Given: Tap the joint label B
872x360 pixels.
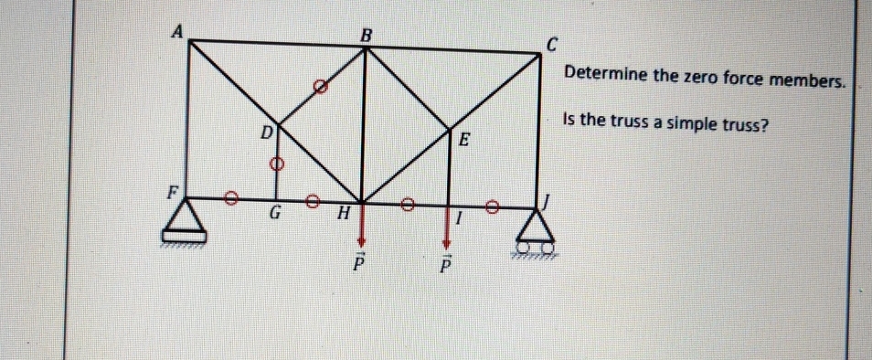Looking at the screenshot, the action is (x=367, y=35).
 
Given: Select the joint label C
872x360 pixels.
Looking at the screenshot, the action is (x=551, y=43).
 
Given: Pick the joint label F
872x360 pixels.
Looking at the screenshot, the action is (x=170, y=193).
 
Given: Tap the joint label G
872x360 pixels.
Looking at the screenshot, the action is (x=274, y=217).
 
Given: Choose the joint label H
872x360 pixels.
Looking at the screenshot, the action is (x=344, y=216).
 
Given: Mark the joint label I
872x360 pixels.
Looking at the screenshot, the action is (x=461, y=218).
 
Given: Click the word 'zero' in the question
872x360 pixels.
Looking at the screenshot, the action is (x=702, y=79).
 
